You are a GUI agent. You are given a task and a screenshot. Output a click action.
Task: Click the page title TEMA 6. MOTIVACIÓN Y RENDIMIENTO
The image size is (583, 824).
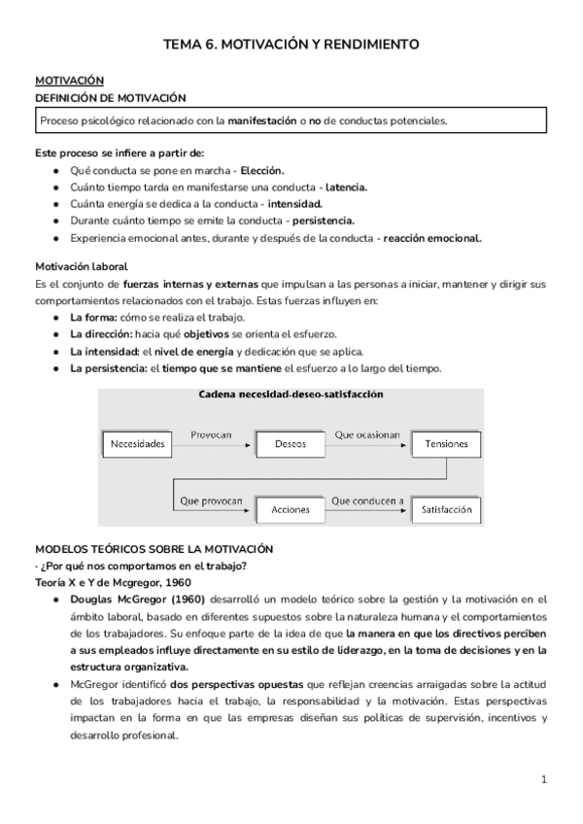(x=291, y=45)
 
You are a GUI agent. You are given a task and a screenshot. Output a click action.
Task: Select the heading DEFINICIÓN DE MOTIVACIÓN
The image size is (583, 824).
(x=104, y=98)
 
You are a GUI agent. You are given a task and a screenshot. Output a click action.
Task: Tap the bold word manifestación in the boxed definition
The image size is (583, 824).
(x=261, y=120)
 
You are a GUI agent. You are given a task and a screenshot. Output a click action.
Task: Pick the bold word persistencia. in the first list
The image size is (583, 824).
(x=319, y=220)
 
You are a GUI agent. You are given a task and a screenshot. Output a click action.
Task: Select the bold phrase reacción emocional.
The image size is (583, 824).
(x=432, y=236)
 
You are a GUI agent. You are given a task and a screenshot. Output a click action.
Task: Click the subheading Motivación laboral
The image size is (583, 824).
(x=82, y=265)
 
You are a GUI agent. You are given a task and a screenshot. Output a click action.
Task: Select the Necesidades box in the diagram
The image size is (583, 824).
(x=138, y=445)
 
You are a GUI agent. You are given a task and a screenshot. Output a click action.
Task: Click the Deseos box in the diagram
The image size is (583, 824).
(x=291, y=445)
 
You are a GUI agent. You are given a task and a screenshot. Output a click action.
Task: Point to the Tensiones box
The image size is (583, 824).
(x=446, y=445)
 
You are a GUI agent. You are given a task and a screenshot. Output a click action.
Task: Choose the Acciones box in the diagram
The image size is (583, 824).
(x=291, y=508)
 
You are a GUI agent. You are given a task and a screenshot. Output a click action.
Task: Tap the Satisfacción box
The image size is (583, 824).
(x=446, y=508)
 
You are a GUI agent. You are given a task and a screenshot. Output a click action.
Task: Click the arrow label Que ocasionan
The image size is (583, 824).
(x=368, y=436)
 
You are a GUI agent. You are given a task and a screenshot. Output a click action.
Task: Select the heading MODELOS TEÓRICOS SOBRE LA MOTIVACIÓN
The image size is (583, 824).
(x=154, y=549)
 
